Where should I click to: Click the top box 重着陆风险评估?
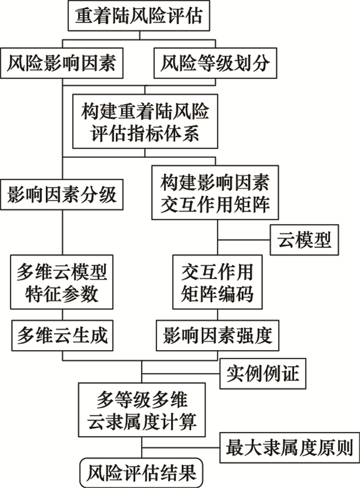tap(142, 17)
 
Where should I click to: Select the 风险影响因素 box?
tap(62, 64)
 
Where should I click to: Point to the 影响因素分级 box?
tap(62, 195)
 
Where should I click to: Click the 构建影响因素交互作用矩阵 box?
tap(215, 193)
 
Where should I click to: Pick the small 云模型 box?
tap(304, 239)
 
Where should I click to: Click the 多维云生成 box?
tap(62, 336)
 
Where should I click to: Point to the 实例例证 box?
tap(262, 372)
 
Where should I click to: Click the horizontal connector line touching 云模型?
tap(244, 239)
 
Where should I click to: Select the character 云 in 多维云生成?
tap(62, 336)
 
